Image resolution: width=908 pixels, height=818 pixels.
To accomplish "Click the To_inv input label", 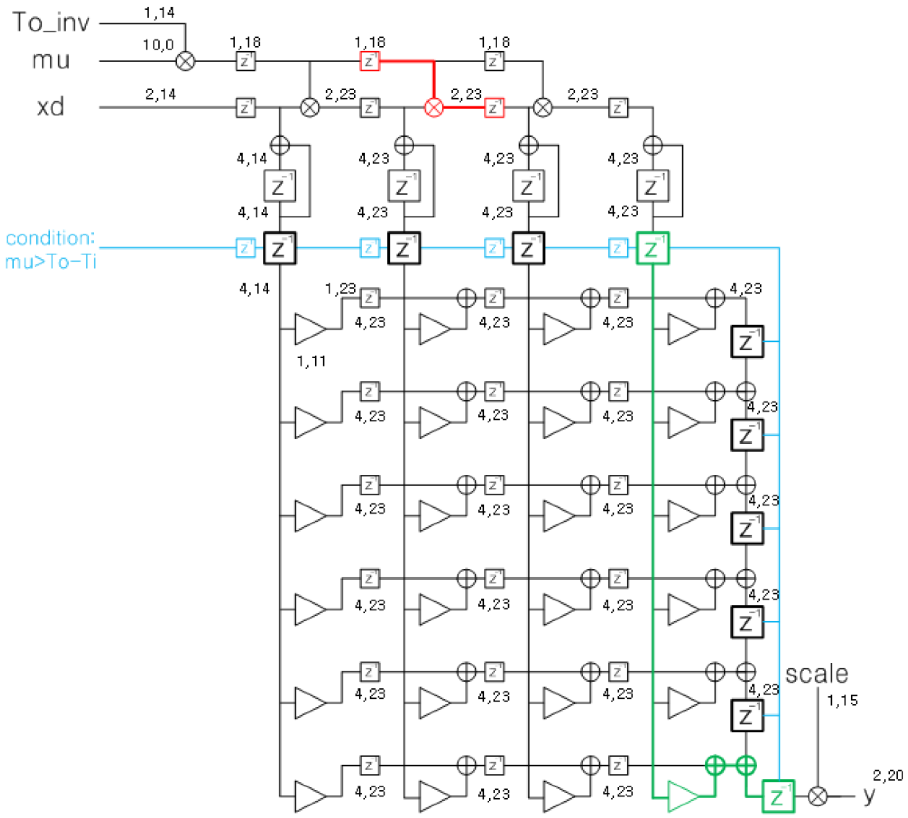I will (x=51, y=22).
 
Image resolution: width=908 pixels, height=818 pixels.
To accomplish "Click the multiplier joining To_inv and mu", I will (x=185, y=61).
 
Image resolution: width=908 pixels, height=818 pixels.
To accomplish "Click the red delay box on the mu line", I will (x=369, y=61).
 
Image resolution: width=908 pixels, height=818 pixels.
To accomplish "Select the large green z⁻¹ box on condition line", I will (x=652, y=248).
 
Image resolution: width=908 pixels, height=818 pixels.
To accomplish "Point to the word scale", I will (x=816, y=674).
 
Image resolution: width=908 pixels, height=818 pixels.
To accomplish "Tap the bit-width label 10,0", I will (x=158, y=44).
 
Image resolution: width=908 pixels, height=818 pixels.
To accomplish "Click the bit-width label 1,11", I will (x=311, y=361).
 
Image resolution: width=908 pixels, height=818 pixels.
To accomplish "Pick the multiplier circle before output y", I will (x=817, y=796).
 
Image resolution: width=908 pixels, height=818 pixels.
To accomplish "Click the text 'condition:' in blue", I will (x=50, y=237).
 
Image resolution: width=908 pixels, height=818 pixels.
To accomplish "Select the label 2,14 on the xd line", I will (x=160, y=94).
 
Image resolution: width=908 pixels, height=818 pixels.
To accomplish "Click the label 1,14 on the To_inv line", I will (x=159, y=13).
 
